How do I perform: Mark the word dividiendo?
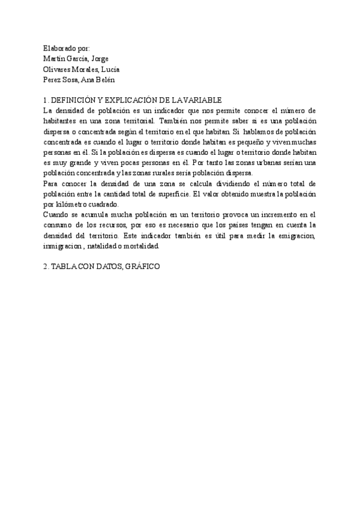215,184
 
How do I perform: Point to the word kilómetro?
71,204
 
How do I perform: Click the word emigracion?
294,235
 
